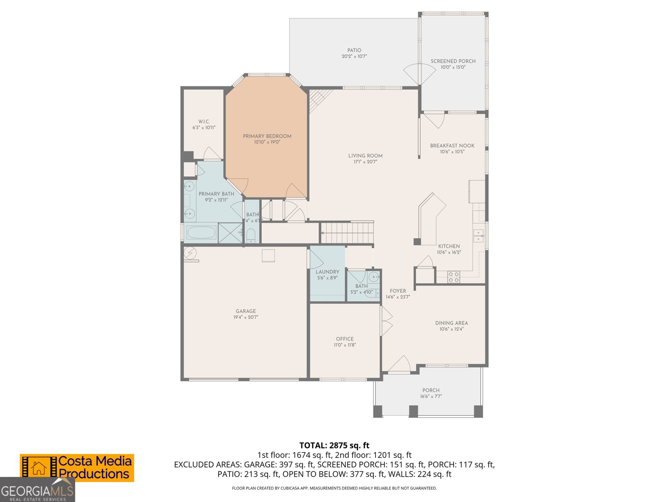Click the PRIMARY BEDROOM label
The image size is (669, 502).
(267, 136)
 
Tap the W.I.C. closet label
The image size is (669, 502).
(204, 122)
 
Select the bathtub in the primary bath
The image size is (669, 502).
(201, 233)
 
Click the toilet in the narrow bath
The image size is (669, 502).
(251, 236)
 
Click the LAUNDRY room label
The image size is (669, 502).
(327, 272)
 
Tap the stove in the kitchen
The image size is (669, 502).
(454, 277)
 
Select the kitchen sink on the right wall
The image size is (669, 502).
(478, 236)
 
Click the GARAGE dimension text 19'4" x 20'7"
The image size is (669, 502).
(246, 317)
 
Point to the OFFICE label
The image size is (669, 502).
(345, 339)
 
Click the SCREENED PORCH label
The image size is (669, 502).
(453, 61)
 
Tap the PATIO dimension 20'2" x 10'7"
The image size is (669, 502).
(354, 56)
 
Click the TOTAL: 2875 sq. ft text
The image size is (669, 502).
(334, 446)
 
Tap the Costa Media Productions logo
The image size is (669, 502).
(77, 468)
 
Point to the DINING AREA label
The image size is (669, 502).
(452, 323)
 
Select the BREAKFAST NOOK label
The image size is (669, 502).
(452, 146)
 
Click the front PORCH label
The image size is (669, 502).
(431, 390)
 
